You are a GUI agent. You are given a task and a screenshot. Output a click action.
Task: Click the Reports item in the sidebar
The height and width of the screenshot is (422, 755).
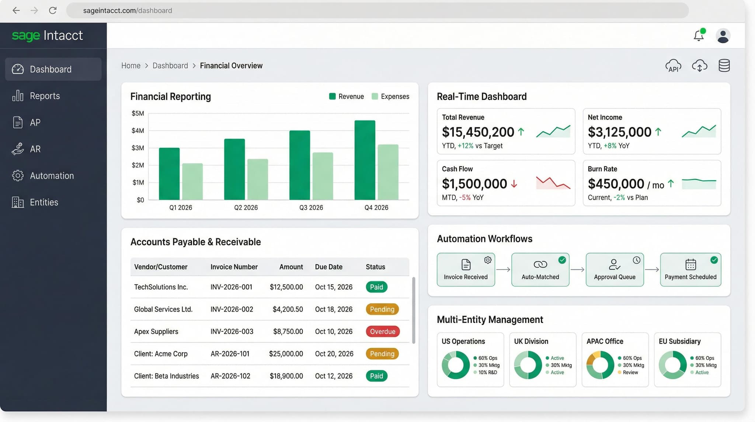click(x=44, y=96)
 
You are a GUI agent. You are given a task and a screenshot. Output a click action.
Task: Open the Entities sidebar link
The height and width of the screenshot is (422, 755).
click(x=44, y=202)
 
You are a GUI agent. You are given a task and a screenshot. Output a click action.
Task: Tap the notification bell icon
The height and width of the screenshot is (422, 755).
click(x=698, y=36)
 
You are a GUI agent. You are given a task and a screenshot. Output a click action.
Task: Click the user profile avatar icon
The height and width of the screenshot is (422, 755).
click(x=723, y=36)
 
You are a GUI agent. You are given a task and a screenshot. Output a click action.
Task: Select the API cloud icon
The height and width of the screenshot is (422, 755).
click(x=673, y=66)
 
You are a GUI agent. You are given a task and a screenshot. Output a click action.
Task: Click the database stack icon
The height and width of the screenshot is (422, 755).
click(x=724, y=66)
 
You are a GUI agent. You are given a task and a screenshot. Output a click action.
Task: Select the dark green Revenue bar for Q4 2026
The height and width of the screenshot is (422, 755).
click(x=365, y=160)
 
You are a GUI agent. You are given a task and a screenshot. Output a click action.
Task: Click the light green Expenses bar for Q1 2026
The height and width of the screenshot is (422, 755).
click(x=192, y=181)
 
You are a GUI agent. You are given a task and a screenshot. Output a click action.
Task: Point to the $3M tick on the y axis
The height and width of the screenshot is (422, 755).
click(x=138, y=148)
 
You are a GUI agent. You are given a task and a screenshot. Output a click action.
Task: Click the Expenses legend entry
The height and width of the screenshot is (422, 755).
click(x=391, y=96)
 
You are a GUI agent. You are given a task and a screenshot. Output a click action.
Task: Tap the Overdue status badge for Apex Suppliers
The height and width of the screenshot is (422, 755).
click(x=382, y=332)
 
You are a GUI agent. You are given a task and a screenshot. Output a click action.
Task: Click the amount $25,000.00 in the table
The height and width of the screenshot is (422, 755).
click(x=286, y=354)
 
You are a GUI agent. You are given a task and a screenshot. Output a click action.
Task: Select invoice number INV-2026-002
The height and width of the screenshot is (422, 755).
click(x=232, y=309)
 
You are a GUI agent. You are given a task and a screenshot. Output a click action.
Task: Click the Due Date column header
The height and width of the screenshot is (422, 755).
click(x=328, y=267)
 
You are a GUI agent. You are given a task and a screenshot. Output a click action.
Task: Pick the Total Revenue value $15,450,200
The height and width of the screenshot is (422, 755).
click(x=478, y=132)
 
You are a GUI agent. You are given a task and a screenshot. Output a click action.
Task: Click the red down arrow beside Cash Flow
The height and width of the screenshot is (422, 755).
click(x=514, y=184)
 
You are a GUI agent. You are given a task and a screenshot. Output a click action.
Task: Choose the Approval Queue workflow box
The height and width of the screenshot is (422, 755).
click(x=615, y=270)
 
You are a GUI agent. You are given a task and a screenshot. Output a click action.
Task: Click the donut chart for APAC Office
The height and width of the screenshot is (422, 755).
click(x=600, y=365)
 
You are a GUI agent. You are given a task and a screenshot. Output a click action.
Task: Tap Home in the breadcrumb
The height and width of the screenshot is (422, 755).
click(x=131, y=66)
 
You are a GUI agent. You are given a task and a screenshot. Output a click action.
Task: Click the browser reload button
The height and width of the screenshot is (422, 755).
click(x=53, y=10)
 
